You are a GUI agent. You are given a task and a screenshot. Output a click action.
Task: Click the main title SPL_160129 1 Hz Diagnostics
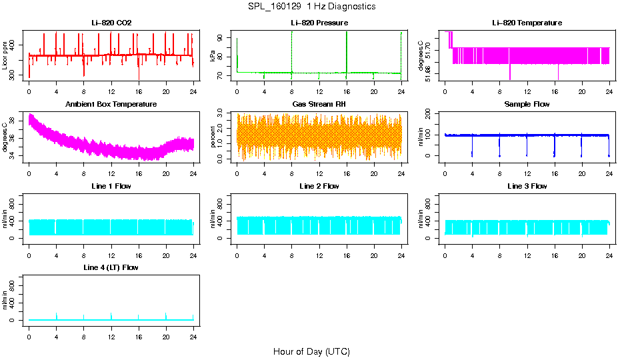(x=311, y=6)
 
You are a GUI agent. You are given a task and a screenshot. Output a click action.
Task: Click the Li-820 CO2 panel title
(x=111, y=23)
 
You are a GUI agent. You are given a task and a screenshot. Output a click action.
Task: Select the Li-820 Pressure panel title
(x=319, y=23)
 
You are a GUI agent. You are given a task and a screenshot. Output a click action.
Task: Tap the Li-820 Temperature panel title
(x=527, y=23)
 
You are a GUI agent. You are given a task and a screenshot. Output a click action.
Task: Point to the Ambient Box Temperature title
(x=111, y=104)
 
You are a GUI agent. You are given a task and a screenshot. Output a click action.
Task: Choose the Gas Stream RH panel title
(x=319, y=104)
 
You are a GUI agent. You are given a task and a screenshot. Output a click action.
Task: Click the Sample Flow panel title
(x=527, y=104)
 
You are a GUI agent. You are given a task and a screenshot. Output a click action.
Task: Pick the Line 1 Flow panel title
(x=111, y=186)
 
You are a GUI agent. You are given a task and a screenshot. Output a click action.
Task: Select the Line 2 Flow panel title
(x=319, y=186)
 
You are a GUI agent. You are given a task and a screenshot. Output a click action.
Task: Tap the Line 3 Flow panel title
(x=527, y=186)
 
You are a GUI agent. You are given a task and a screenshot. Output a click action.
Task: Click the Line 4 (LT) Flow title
(x=111, y=267)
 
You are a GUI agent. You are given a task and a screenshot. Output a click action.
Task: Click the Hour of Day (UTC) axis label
(x=311, y=351)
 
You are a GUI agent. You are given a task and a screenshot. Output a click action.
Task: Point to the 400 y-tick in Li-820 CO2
(x=16, y=45)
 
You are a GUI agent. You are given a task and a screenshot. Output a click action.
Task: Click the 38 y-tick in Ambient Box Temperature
(x=16, y=120)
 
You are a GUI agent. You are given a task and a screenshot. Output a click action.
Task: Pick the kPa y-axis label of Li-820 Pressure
(x=213, y=57)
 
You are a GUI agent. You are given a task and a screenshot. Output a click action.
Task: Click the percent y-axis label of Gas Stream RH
(x=213, y=137)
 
